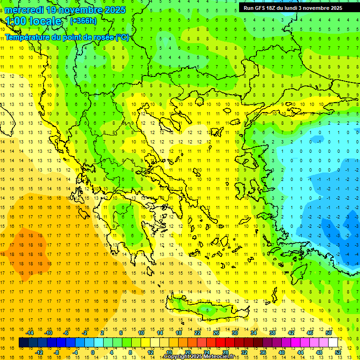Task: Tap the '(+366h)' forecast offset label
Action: [83, 21]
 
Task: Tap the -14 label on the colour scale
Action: [30, 333]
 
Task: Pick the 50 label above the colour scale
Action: [328, 333]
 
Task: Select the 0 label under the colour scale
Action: [93, 352]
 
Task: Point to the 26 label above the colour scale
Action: [216, 333]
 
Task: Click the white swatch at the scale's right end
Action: [333, 343]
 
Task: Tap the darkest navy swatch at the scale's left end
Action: [23, 343]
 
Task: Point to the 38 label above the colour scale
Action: [272, 333]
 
